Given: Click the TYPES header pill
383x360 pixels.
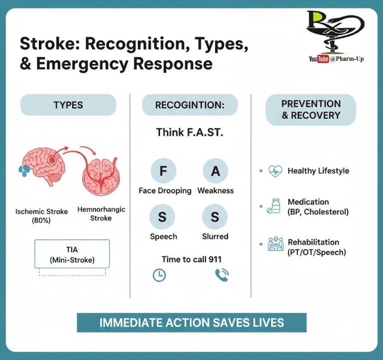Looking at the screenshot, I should coord(68,105).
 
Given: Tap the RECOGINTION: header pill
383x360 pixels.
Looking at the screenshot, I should coord(190,105).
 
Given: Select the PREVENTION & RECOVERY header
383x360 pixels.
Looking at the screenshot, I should coord(311,110).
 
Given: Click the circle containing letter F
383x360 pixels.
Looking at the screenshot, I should coord(163,171).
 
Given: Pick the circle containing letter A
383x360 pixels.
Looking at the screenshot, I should coord(215,171).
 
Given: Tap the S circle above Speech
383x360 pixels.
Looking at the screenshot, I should coord(163,217).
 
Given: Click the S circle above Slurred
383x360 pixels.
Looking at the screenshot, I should coord(215,217).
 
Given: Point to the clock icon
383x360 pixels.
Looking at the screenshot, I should coord(159,275).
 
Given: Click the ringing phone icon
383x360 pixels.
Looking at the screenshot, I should coord(221,275).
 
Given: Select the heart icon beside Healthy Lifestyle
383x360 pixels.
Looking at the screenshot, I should coord(275,171).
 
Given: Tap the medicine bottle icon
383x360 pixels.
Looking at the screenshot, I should coord(274,206).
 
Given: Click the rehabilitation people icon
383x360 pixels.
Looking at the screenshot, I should coord(275,244).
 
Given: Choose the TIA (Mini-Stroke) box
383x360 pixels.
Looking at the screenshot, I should coord(72,254).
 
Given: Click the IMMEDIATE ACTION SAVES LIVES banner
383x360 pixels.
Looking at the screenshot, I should coord(191,322).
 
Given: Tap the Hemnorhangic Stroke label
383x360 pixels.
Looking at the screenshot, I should coord(101,214).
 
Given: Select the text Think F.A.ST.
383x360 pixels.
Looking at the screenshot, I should coord(189,132).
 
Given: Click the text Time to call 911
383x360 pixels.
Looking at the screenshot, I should coord(191,259).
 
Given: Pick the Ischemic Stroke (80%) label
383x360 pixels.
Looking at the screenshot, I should coord(41,215).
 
